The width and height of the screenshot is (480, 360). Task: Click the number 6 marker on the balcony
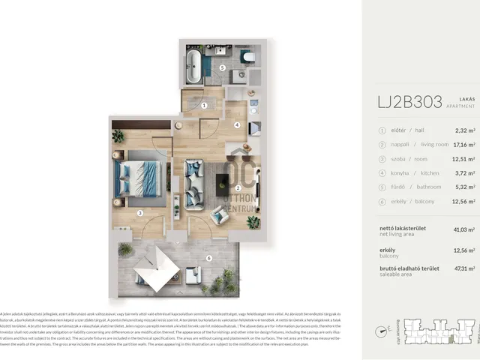208,259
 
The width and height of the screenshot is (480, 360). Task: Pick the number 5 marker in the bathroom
222,67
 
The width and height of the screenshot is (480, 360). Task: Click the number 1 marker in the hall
205,106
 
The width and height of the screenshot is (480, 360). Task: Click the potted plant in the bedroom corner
118,136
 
